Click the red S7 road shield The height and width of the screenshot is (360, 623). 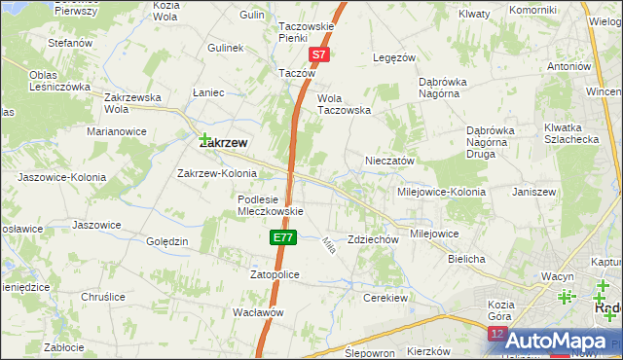[320, 57]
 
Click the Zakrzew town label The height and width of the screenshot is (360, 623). [222, 142]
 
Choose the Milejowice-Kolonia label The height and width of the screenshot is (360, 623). [439, 192]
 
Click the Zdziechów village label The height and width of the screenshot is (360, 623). [374, 239]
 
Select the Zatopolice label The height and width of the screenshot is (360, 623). [275, 275]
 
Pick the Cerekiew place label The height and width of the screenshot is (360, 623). [384, 297]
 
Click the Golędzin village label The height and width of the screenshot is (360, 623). [165, 241]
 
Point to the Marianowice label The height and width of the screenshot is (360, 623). [117, 130]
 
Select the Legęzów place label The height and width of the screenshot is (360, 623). [396, 57]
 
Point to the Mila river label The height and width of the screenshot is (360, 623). [328, 244]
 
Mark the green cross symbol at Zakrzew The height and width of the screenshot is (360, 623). [205, 139]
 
